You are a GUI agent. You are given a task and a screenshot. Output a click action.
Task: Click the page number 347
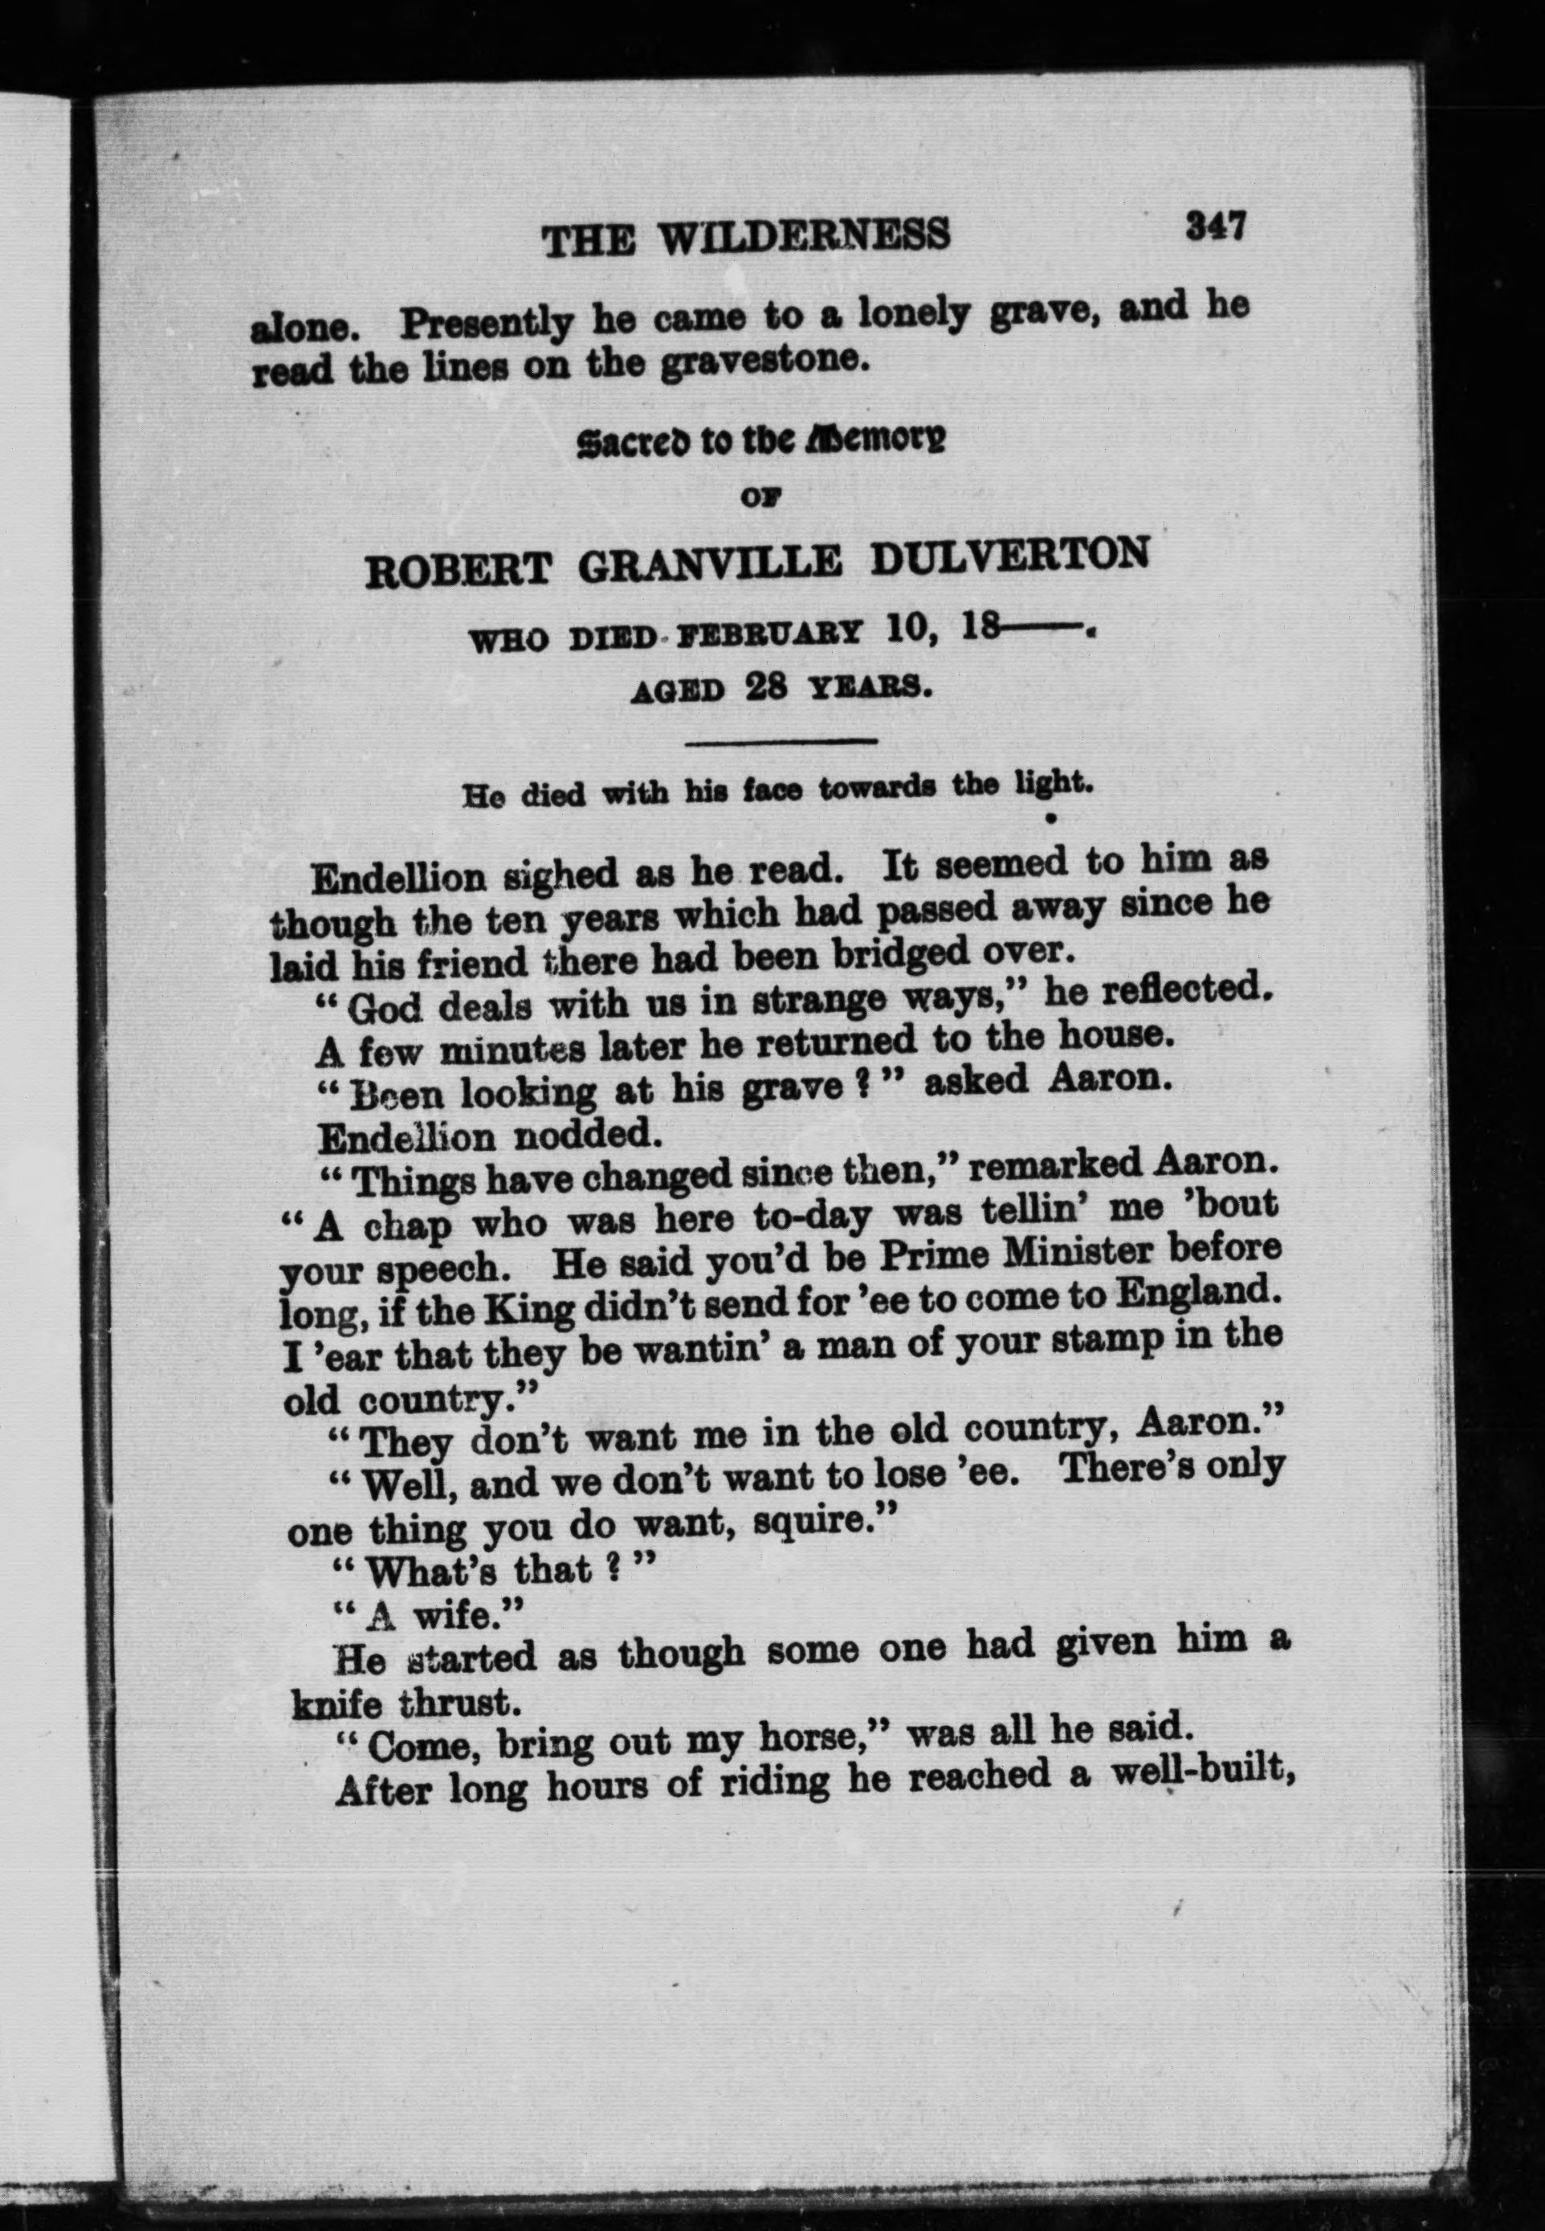[x=1214, y=227]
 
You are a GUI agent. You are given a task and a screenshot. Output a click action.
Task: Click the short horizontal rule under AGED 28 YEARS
[x=781, y=742]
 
